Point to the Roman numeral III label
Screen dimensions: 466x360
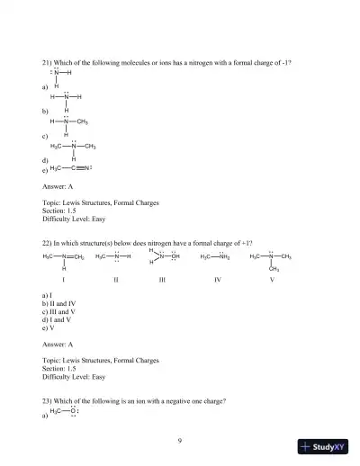click(161, 281)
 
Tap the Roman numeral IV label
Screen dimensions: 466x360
click(217, 281)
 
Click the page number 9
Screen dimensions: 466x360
click(180, 440)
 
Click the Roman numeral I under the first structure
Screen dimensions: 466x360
click(63, 281)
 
